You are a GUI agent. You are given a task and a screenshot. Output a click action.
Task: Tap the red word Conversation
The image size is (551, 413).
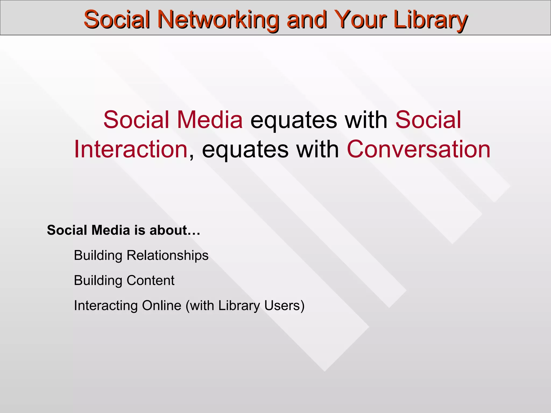point(419,149)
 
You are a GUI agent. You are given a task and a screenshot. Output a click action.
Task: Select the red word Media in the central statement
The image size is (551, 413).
point(210,120)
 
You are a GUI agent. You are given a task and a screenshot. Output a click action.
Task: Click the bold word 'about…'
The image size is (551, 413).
point(175,230)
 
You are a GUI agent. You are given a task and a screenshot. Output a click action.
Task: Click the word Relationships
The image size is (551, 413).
point(167,255)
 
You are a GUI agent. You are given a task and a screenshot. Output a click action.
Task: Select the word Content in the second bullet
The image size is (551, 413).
point(150,280)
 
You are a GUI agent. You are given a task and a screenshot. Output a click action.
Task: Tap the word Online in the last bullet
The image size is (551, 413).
point(162,306)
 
